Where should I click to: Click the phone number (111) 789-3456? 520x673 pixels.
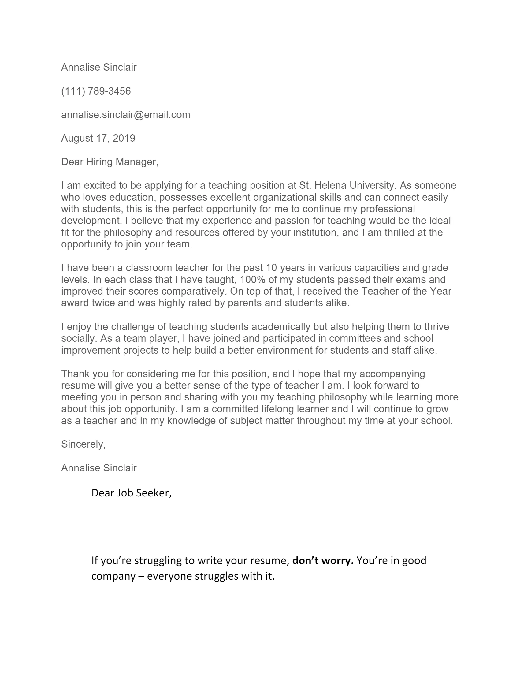(x=96, y=91)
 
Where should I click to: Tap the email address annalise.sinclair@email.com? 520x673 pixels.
(x=125, y=115)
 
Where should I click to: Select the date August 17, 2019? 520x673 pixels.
(x=98, y=138)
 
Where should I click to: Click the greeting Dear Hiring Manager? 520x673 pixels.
(x=110, y=162)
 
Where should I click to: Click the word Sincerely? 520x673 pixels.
(x=83, y=444)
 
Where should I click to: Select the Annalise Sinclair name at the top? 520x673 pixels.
(x=98, y=67)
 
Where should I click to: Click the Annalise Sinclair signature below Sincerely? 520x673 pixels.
(x=98, y=468)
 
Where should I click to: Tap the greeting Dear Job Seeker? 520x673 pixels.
(x=131, y=493)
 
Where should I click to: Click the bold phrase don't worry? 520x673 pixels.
(x=322, y=560)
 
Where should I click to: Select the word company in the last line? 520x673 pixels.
(x=113, y=576)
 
